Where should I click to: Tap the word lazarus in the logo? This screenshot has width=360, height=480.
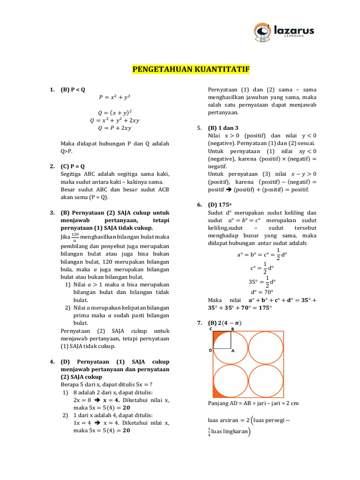[x=292, y=30]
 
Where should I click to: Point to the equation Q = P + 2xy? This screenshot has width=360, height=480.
[x=114, y=127]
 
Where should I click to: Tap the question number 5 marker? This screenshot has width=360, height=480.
[x=199, y=127]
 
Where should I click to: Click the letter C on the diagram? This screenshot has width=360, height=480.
[x=210, y=329]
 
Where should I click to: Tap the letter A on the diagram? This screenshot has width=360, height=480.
[x=232, y=350]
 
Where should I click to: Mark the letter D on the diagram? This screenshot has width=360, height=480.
[x=210, y=350]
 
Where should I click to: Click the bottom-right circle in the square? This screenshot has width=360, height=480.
[x=266, y=382]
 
